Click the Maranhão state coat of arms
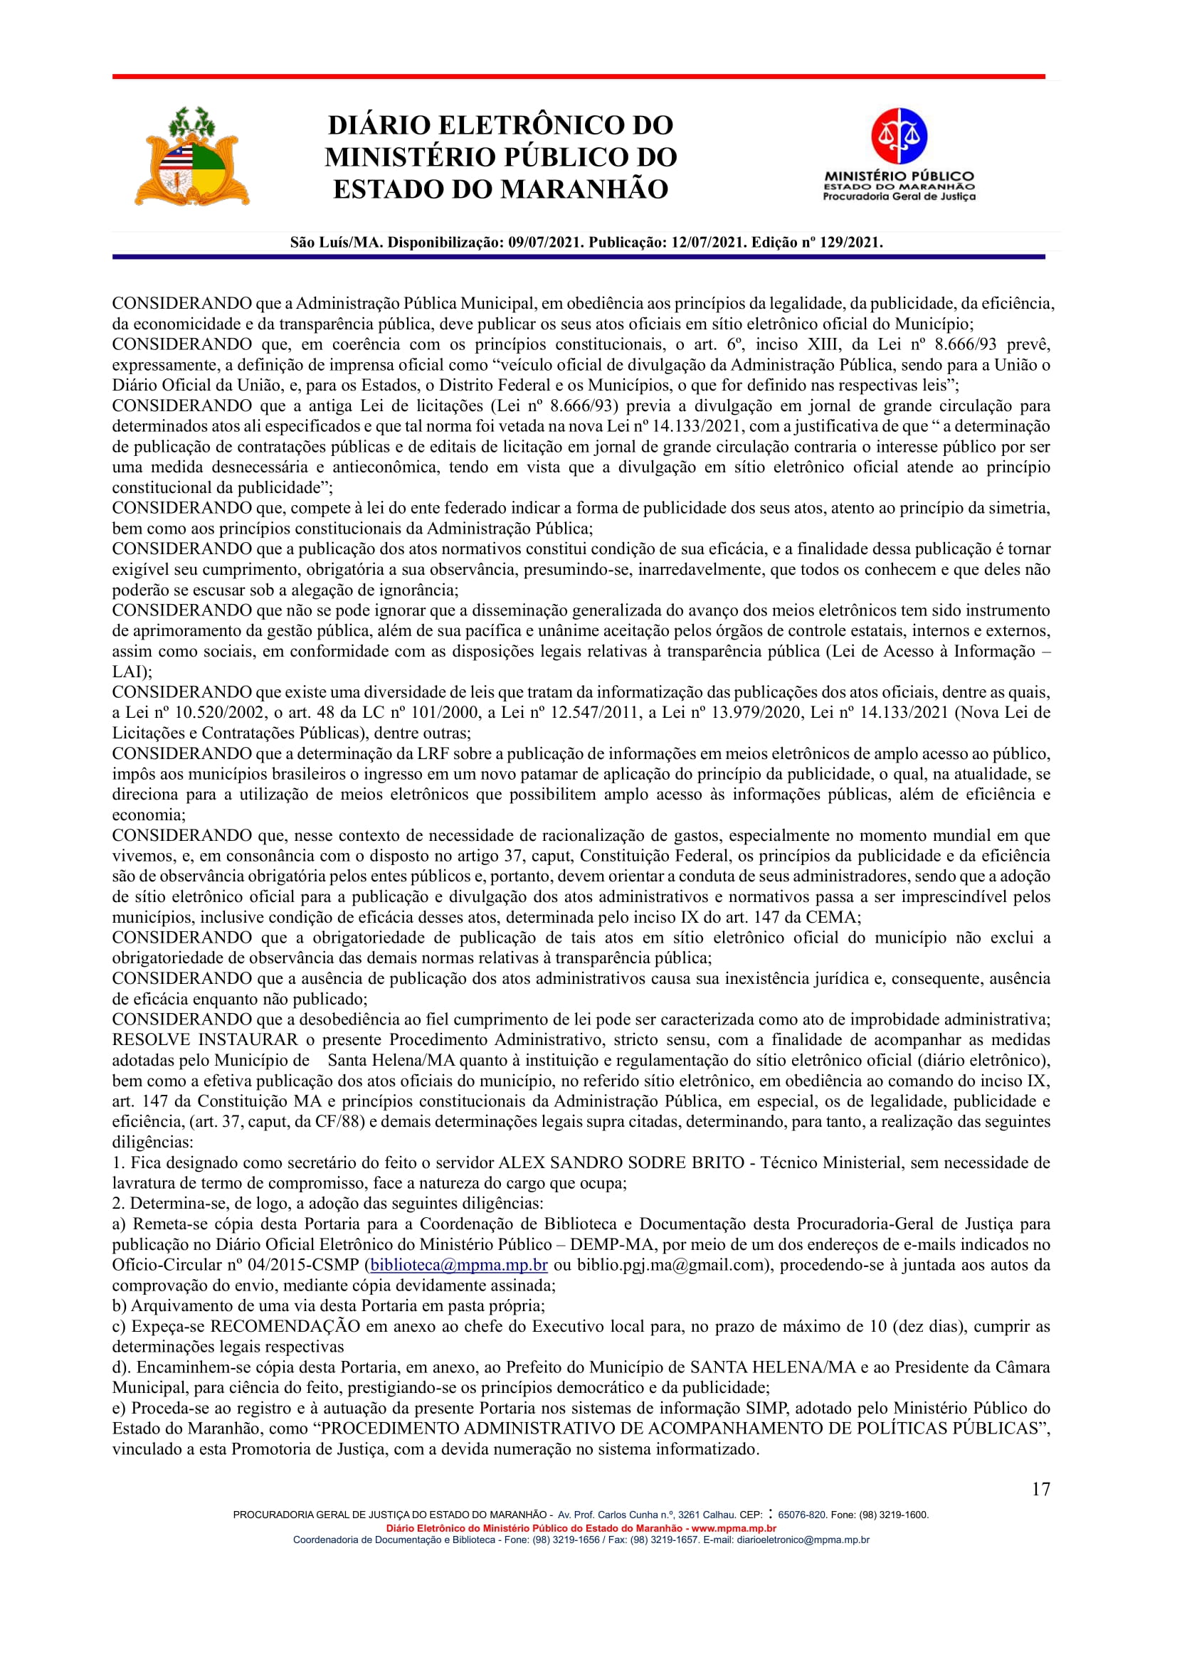191,157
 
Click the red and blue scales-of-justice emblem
899,136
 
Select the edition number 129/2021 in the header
850,243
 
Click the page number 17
1041,1488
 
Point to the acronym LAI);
132,672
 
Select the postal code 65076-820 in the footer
801,1515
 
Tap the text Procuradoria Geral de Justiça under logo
899,196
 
